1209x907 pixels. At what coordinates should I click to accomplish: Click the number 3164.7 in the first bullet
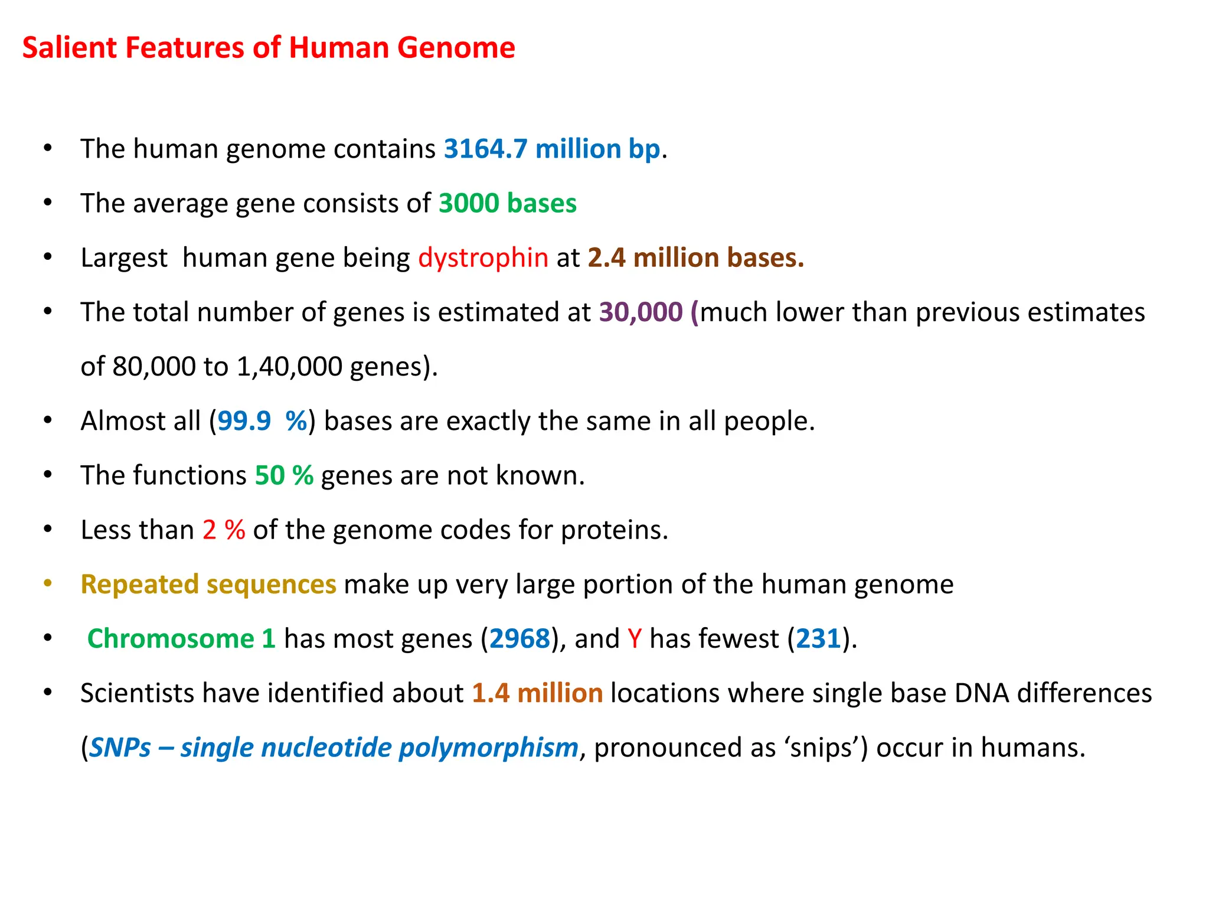click(485, 149)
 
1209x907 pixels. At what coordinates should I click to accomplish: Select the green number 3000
click(469, 204)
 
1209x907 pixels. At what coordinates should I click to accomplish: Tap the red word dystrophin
click(483, 258)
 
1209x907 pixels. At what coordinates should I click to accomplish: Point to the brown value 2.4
click(606, 258)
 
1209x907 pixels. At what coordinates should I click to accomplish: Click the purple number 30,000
click(641, 312)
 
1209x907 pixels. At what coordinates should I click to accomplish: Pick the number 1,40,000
click(289, 367)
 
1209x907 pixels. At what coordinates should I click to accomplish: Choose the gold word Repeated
click(139, 585)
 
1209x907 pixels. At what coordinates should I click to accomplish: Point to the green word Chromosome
click(171, 639)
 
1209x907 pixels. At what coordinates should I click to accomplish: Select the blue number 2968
click(519, 639)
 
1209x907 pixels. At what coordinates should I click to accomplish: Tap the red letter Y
click(635, 639)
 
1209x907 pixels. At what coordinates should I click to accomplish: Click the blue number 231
click(818, 639)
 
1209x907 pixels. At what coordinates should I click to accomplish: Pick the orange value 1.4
click(491, 693)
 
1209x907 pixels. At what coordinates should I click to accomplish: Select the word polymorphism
click(488, 748)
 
